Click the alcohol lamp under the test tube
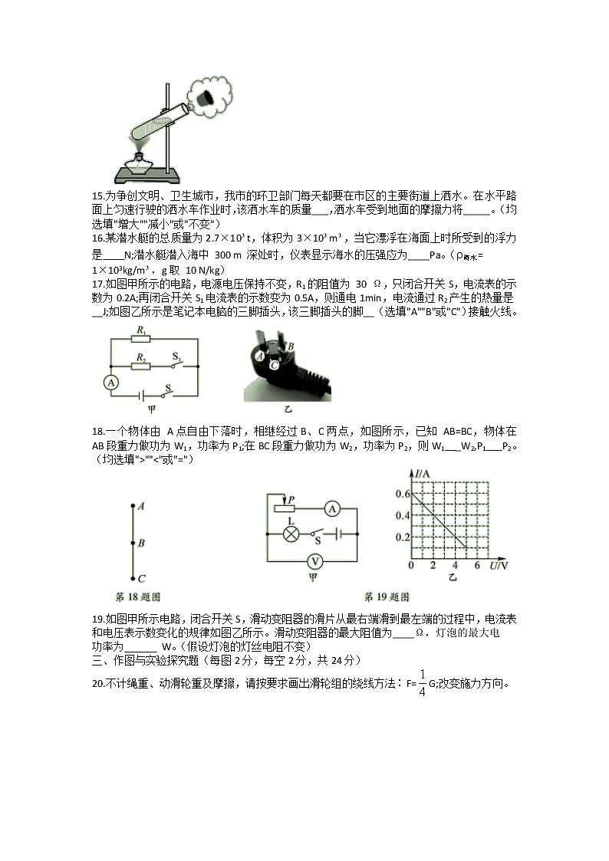pyautogui.click(x=140, y=163)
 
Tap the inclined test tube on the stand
pyautogui.click(x=164, y=118)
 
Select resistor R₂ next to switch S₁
pyautogui.click(x=141, y=366)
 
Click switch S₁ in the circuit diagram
pyautogui.click(x=178, y=364)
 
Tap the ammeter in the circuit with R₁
pyautogui.click(x=111, y=382)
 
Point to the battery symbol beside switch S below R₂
pyautogui.click(x=143, y=396)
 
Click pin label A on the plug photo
pyautogui.click(x=261, y=356)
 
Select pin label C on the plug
pyautogui.click(x=274, y=366)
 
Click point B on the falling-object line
pyautogui.click(x=133, y=543)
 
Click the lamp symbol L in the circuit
pyautogui.click(x=291, y=534)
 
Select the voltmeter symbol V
pyautogui.click(x=313, y=560)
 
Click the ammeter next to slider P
pyautogui.click(x=331, y=508)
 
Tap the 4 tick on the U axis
pyautogui.click(x=454, y=565)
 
